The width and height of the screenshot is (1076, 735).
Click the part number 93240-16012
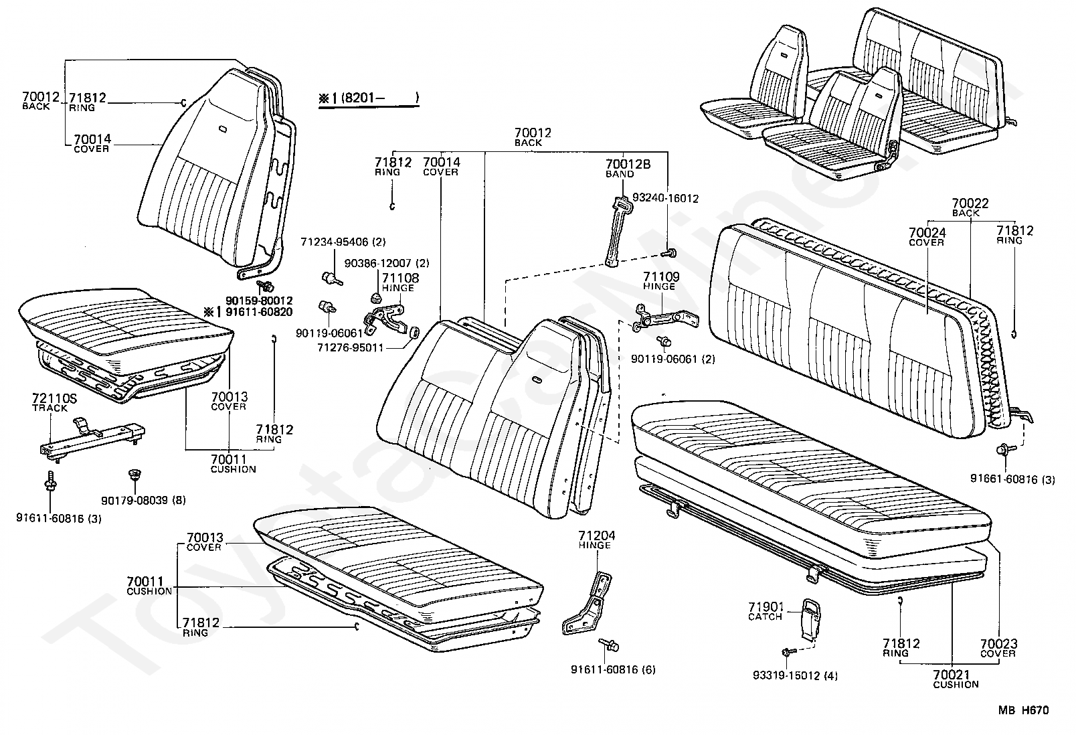point(666,198)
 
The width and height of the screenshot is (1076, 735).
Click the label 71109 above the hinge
point(660,276)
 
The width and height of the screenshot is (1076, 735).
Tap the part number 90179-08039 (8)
point(143,499)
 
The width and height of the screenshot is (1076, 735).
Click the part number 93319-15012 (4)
point(794,675)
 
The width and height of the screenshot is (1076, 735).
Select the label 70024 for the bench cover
point(926,233)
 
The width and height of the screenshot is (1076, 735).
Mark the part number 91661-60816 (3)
point(1012,479)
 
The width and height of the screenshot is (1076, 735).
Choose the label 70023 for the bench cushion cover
point(998,644)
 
